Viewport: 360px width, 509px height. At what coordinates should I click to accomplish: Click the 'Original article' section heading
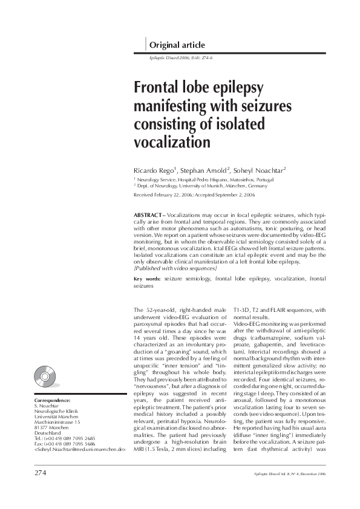pyautogui.click(x=177, y=45)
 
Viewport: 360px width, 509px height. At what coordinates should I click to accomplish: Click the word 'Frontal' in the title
pyautogui.click(x=159, y=89)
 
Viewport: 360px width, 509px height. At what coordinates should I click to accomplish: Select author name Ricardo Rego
pyautogui.click(x=155, y=170)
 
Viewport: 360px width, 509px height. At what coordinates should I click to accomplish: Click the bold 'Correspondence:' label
pyautogui.click(x=53, y=401)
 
